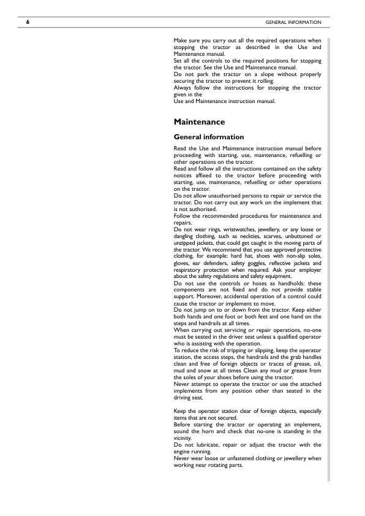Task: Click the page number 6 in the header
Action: coord(28,22)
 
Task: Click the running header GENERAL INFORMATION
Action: coord(297,22)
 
